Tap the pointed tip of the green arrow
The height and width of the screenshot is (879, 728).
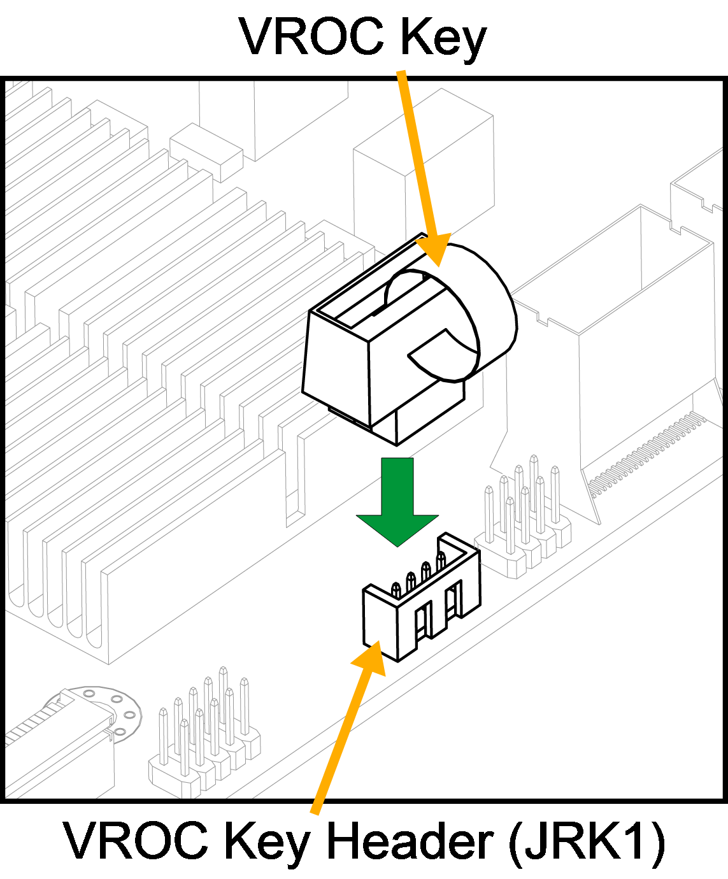(397, 543)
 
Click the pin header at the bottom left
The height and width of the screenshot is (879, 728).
(204, 732)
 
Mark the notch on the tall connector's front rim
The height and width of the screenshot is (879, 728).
(542, 317)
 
